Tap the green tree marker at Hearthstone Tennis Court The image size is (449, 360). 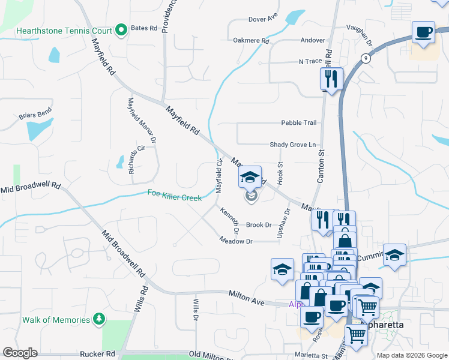121,29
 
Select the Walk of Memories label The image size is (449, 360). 56,319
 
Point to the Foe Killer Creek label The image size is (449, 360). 175,194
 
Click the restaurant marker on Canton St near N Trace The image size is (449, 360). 331,78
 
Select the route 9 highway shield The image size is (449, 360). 365,58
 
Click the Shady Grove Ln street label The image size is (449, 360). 292,145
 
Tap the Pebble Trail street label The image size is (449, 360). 298,122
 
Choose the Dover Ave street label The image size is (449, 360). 263,19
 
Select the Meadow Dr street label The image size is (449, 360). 236,241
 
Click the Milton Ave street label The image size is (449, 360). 247,298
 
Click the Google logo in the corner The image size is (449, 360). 20,353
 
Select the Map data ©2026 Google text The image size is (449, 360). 412,355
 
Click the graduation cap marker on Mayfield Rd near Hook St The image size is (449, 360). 250,176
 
